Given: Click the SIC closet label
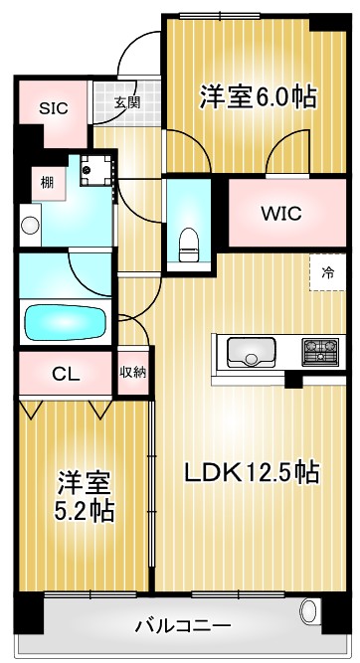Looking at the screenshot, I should coord(54,108).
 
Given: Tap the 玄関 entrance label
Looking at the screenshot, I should coord(126,101).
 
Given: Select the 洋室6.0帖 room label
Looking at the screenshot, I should coord(258,96).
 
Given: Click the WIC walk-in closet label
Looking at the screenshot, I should coord(281,213).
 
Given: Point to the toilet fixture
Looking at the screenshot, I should coord(188,241).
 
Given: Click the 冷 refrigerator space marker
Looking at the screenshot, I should coord(327,270).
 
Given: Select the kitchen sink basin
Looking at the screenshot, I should coord(252,351).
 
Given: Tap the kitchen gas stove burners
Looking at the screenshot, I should coord(320,351).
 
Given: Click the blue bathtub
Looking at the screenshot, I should coord(65,322).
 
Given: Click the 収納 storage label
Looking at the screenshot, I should coord(133,373).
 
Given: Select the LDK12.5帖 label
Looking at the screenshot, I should coord(249,472).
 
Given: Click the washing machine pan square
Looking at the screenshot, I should coord(97,171).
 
